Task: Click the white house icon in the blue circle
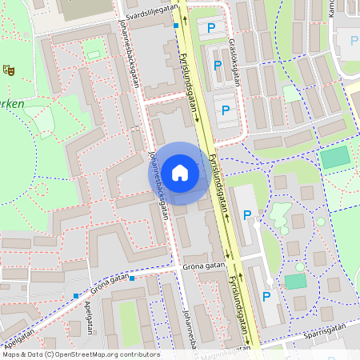tap(180, 173)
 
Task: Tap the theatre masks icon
tap(9, 70)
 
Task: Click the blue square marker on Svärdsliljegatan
tap(176, 26)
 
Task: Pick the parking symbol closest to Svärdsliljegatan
tap(211, 28)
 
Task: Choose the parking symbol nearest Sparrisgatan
tap(266, 297)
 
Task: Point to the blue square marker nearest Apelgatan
tap(76, 296)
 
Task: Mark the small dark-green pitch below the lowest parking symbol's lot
tap(295, 282)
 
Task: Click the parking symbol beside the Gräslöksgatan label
tap(217, 64)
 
